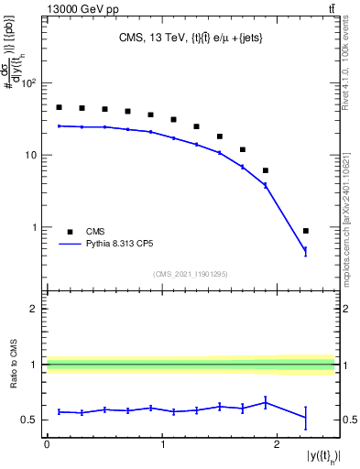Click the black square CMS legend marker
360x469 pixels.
(69, 232)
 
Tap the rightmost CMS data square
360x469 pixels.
(306, 231)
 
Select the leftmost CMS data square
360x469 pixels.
(59, 107)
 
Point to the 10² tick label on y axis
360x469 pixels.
(29, 83)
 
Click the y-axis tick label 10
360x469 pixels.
(32, 155)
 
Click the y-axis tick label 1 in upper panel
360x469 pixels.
(35, 227)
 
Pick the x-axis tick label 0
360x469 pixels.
(47, 443)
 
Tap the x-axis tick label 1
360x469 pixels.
(162, 443)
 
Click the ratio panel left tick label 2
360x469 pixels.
(34, 310)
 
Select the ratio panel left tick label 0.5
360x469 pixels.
(29, 420)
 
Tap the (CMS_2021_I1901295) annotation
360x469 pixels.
(191, 274)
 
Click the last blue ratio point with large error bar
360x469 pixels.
(306, 418)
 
